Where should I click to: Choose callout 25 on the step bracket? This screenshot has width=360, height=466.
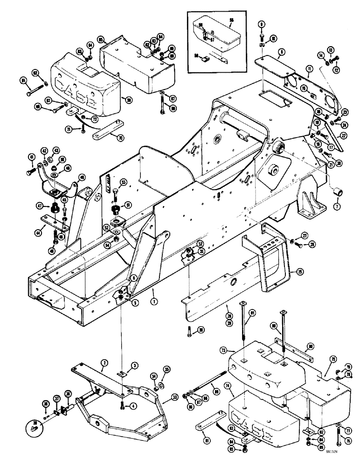pyautogui.click(x=293, y=270)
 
